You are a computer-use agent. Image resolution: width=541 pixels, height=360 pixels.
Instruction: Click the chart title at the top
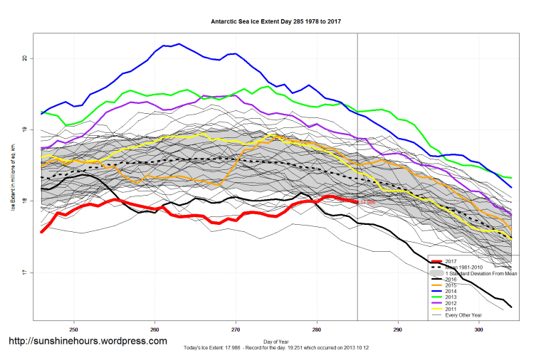coord(275,21)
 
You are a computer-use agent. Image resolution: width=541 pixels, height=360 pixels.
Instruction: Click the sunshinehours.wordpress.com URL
coord(88,341)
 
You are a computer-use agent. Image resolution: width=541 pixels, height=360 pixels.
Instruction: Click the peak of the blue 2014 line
coord(179,44)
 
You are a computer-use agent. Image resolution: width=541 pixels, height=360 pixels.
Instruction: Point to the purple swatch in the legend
coord(436,303)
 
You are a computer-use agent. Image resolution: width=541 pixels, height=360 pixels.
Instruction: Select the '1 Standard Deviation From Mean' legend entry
coord(478,273)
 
